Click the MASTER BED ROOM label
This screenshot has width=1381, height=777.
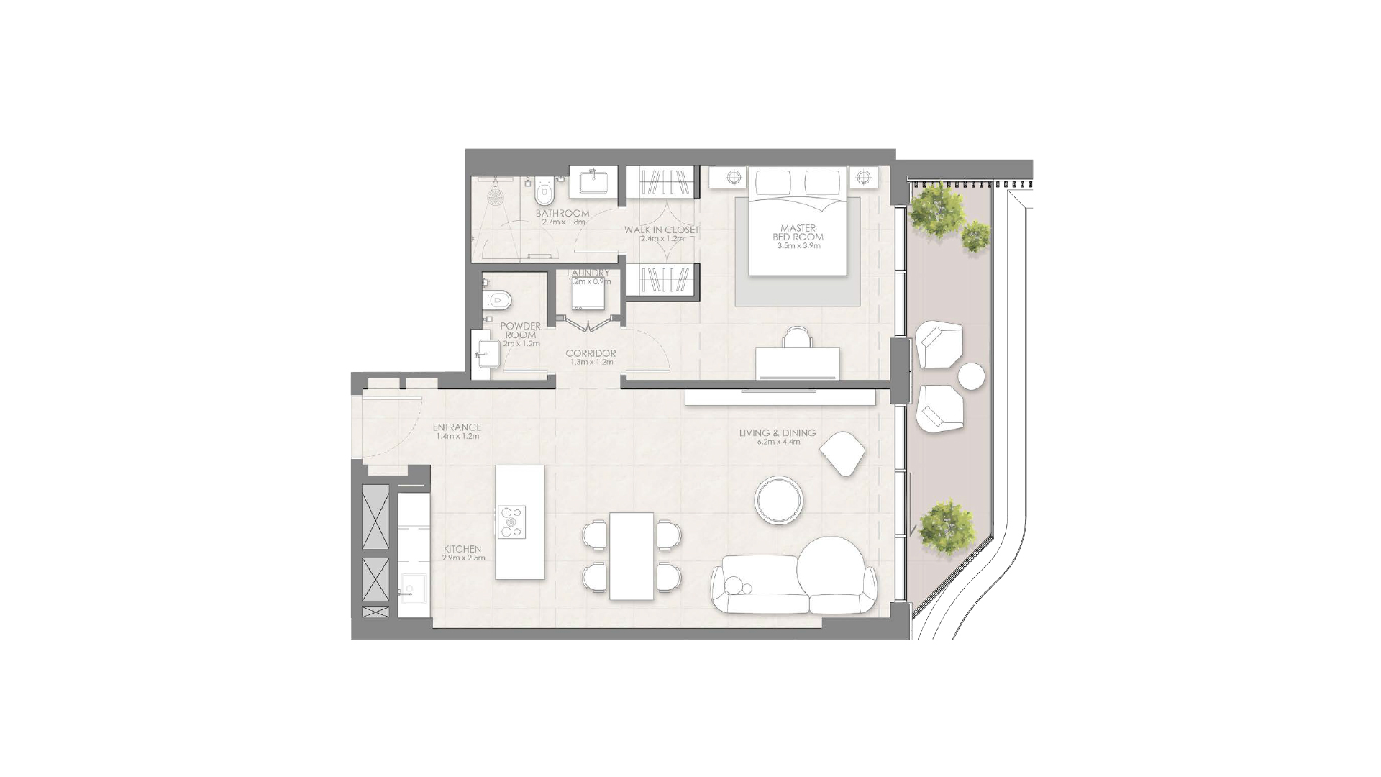798,232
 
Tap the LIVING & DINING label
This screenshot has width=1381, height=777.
777,433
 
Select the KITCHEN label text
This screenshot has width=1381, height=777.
462,549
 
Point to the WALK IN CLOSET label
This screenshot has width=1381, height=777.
661,230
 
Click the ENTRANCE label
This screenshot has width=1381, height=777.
457,428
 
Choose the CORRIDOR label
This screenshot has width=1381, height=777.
591,353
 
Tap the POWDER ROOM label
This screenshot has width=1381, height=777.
520,330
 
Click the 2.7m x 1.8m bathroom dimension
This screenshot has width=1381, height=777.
563,222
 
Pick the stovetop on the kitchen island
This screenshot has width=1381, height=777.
511,521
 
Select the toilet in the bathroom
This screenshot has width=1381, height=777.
544,193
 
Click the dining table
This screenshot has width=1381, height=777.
632,555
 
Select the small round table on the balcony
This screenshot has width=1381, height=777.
971,376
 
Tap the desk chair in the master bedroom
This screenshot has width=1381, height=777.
797,337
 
